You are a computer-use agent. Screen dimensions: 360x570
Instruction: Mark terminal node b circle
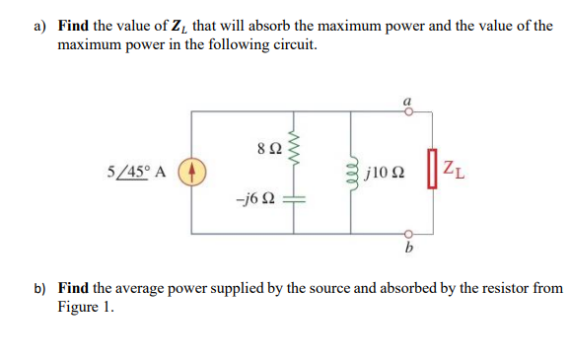pyautogui.click(x=407, y=234)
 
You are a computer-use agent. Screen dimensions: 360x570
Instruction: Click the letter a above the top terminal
pyautogui.click(x=407, y=99)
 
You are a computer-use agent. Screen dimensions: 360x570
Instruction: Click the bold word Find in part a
pyautogui.click(x=74, y=25)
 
